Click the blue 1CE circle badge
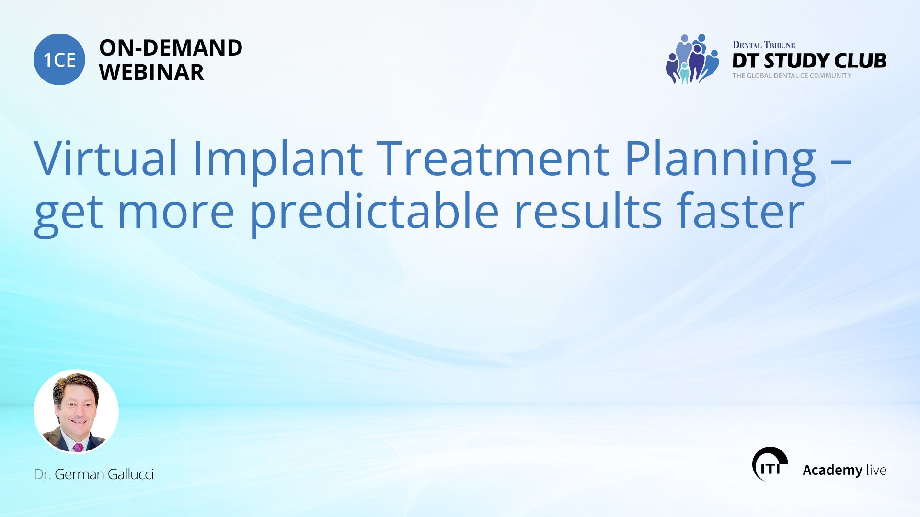pos(59,59)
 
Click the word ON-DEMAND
pos(171,48)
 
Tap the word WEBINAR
pos(151,72)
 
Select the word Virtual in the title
pos(106,158)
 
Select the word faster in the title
pos(740,211)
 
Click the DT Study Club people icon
pos(692,59)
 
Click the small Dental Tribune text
pos(764,45)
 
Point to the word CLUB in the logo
pos(861,61)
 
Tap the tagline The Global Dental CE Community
pos(792,76)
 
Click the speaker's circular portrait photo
pos(76,412)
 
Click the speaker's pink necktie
pos(78,448)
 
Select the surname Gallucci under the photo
pos(131,474)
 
